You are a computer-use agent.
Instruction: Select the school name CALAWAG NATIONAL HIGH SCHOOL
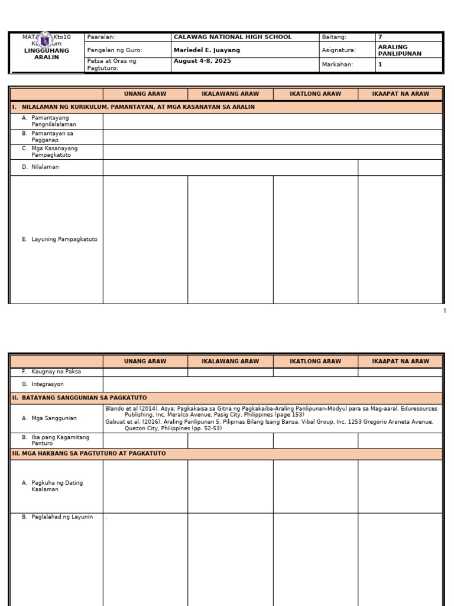point(232,37)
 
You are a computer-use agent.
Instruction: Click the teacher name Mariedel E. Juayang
point(206,50)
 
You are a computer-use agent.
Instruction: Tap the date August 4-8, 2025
point(202,61)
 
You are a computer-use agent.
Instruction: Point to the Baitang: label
point(334,37)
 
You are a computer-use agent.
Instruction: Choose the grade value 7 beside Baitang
point(380,37)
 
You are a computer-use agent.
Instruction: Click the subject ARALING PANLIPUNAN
point(400,50)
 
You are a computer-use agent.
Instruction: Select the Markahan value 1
point(380,65)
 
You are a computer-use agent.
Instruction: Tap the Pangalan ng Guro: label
point(115,50)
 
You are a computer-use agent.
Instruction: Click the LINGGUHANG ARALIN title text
point(47,54)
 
